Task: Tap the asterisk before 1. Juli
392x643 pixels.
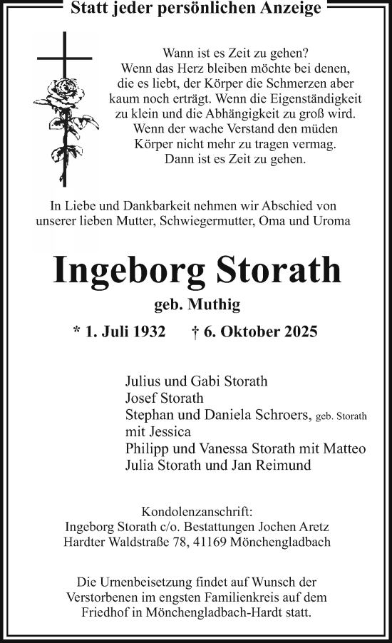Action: [x=78, y=331]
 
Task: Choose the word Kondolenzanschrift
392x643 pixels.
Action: [x=196, y=512]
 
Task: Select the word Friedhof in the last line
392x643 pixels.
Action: [x=106, y=613]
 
